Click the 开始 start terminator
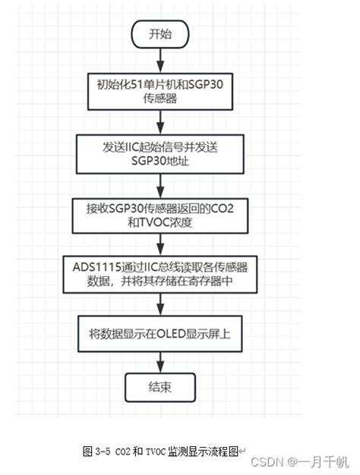coord(159,34)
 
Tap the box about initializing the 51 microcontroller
coord(159,91)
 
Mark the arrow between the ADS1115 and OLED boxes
coord(159,305)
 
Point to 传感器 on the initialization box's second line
coord(159,99)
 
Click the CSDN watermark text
coord(265,462)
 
